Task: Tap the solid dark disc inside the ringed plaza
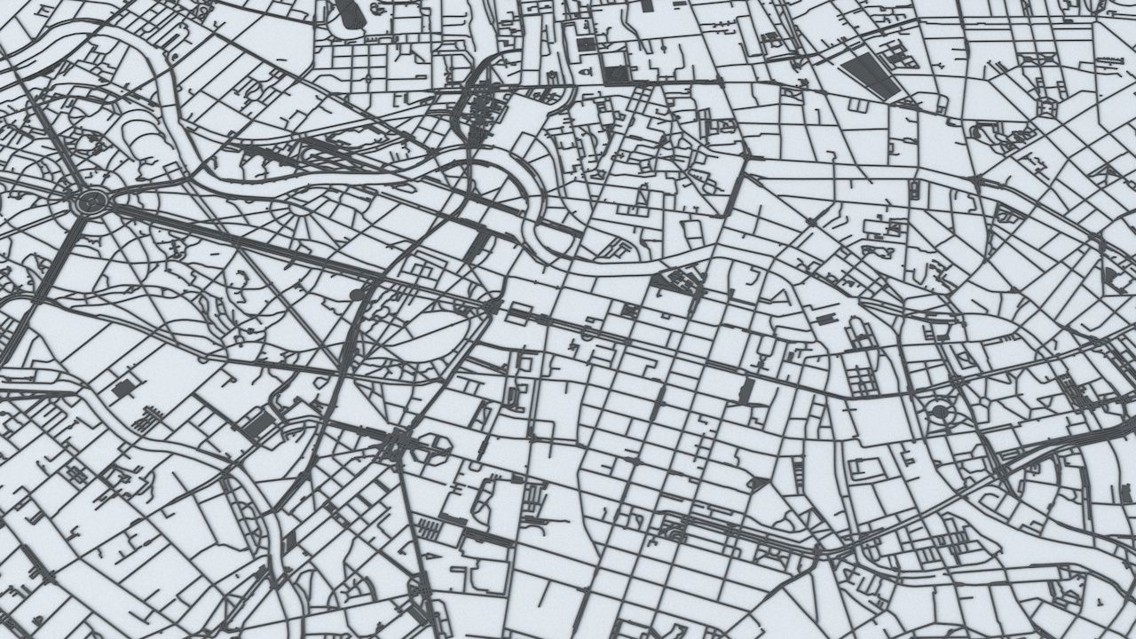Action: [939, 411]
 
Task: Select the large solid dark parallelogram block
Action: [867, 75]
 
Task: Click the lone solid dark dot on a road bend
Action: [357, 293]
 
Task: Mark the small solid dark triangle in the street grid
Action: [759, 484]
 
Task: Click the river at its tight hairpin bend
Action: [532, 191]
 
